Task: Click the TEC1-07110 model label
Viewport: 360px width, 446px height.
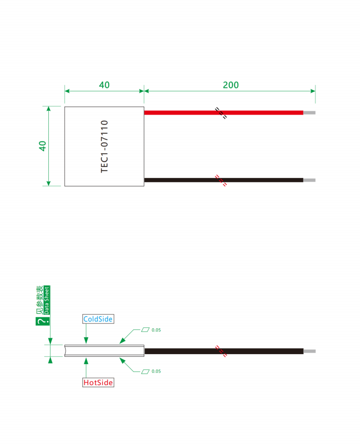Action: click(x=104, y=147)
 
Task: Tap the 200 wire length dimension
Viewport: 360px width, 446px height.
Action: click(x=231, y=85)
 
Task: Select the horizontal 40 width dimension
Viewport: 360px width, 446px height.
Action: click(x=104, y=85)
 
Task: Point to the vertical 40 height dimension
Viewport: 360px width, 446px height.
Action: click(x=43, y=146)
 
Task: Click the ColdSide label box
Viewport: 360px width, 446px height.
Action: click(x=98, y=319)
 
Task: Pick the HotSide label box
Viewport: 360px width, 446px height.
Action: click(x=98, y=382)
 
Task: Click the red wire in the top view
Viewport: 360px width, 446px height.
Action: click(x=224, y=112)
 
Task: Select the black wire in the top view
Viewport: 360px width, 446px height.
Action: click(x=224, y=180)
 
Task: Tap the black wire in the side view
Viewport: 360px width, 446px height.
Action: click(x=224, y=351)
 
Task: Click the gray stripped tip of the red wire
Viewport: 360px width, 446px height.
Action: click(x=310, y=112)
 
